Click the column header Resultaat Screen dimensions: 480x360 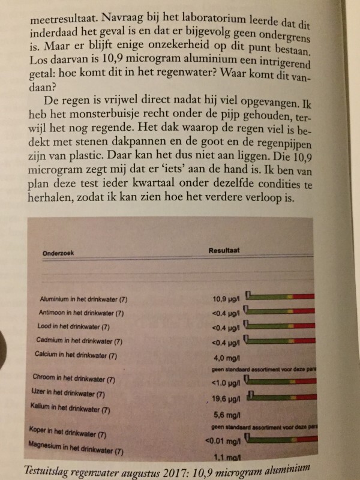click(x=224, y=248)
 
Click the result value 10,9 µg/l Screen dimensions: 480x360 click(x=227, y=298)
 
